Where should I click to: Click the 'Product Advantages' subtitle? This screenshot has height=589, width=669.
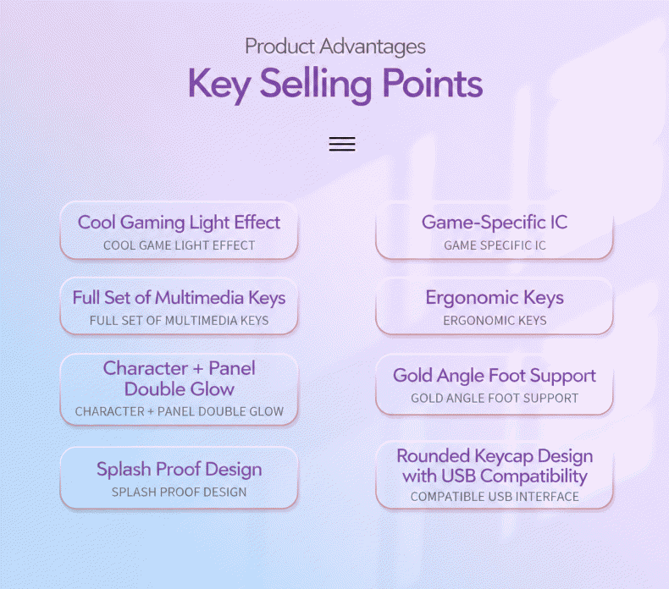(335, 47)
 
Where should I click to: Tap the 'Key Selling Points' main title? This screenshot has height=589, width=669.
(335, 84)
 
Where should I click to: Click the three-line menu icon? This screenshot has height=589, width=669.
(342, 144)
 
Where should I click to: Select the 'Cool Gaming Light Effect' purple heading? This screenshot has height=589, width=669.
(179, 223)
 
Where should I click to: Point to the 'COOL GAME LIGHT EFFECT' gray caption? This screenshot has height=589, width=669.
(179, 245)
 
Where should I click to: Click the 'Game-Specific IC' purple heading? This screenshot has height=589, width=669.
(495, 223)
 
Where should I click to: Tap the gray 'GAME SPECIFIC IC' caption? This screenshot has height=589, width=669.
(495, 245)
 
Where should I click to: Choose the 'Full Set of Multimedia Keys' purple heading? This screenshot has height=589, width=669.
(179, 298)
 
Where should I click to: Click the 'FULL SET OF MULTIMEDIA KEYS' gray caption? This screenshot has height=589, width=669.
(179, 321)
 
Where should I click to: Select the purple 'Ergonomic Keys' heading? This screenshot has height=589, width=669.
(495, 298)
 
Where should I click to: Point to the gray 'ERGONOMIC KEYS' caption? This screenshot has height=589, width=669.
(495, 321)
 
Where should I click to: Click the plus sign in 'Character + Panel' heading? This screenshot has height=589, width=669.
(198, 369)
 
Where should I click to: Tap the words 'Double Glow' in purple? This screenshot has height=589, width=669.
(180, 389)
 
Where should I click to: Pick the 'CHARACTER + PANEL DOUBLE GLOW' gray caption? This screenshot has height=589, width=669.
(180, 411)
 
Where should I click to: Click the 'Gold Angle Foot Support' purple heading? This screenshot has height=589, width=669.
(495, 376)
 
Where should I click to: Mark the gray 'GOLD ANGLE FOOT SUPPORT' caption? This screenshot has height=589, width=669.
(495, 399)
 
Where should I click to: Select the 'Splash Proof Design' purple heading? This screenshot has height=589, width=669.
(180, 469)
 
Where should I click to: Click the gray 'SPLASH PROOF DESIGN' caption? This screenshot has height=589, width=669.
(180, 493)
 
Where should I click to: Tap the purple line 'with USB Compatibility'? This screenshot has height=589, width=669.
(495, 476)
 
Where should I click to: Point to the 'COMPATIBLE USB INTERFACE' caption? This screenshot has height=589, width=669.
(495, 497)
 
